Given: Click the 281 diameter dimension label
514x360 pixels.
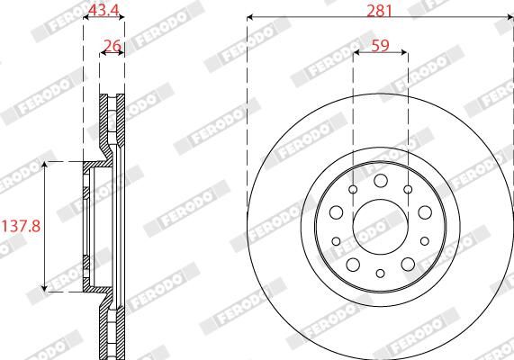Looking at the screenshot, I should point(379,10).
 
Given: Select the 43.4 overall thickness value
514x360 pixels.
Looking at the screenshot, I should point(104,10).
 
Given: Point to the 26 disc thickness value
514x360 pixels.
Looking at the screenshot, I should point(112,45).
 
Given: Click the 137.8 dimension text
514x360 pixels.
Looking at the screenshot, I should point(21,226).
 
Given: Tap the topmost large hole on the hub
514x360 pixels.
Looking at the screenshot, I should point(379,178).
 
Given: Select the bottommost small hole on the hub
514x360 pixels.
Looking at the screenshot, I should point(379,274).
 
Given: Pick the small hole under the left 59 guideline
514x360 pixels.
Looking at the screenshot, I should point(353,189).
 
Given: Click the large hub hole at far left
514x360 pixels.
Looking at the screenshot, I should point(336,212).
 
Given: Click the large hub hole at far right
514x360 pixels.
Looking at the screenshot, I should point(423,212).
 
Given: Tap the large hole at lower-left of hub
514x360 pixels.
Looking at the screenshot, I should point(352,262).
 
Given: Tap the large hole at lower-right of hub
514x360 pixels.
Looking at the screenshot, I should point(407,262).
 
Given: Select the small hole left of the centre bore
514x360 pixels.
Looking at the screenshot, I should point(337,241).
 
